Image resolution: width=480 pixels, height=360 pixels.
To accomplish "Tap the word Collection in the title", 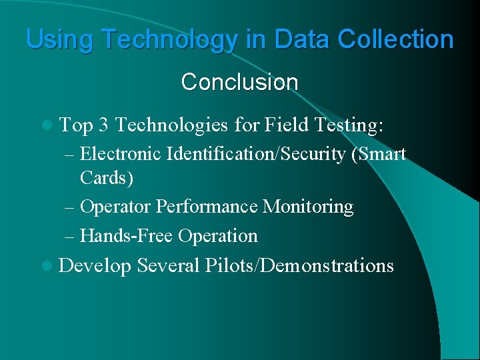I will click(x=395, y=39).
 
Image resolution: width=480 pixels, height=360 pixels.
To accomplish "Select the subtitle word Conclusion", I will click(x=239, y=83).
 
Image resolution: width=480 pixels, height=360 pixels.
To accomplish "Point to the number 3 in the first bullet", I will click(x=103, y=125).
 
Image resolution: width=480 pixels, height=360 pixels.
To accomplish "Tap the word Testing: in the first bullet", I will click(x=349, y=125).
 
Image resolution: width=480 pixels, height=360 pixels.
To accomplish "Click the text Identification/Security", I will click(x=256, y=154).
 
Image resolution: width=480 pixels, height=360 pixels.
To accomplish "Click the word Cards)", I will click(x=107, y=178).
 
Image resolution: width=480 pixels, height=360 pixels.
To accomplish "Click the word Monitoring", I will click(x=308, y=207).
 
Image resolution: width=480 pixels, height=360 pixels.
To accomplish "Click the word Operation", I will click(x=218, y=236).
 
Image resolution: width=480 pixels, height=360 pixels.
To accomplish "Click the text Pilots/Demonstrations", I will click(x=299, y=266).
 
